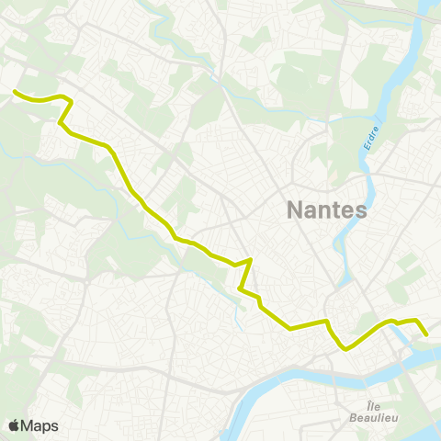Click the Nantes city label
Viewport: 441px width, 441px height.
tap(327, 209)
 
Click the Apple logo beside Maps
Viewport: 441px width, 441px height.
tap(14, 425)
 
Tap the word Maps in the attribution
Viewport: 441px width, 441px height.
tap(40, 426)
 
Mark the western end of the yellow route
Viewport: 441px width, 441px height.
tap(15, 91)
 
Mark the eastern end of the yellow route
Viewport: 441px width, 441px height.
tap(427, 335)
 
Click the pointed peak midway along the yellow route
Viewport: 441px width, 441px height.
tap(251, 260)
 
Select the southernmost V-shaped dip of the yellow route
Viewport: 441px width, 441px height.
tap(345, 349)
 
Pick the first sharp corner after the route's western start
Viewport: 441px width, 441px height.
tap(70, 100)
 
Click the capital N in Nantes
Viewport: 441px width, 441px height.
tap(296, 209)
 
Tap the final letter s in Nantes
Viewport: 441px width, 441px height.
tap(361, 211)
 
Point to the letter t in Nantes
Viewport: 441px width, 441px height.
tap(336, 210)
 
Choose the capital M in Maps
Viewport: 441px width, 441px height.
tap(28, 426)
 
